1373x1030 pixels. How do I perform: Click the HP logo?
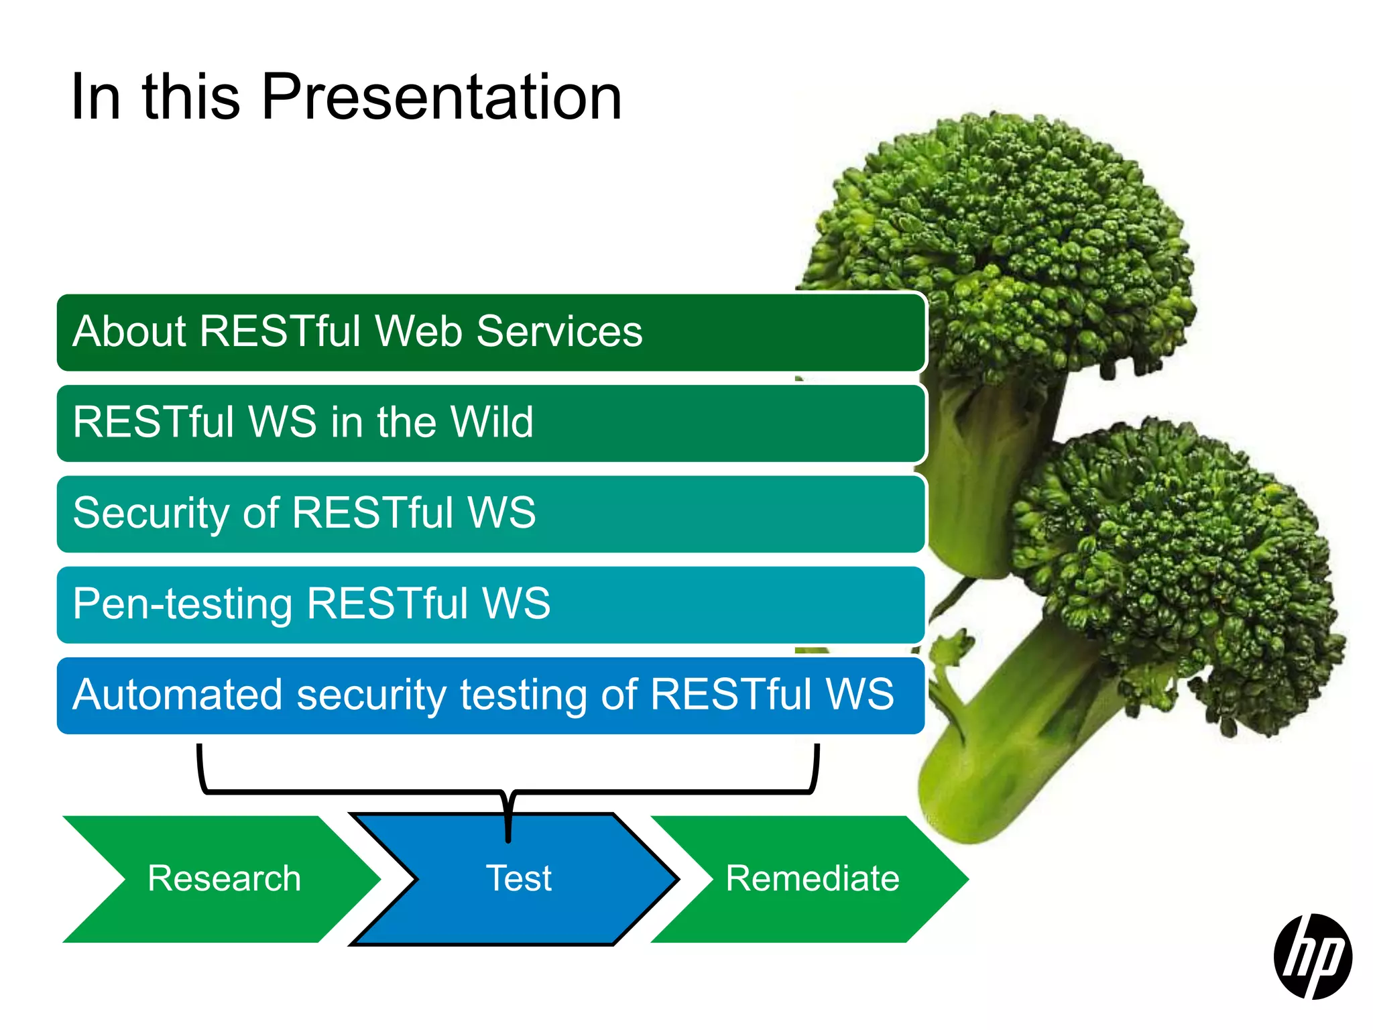[x=1312, y=956]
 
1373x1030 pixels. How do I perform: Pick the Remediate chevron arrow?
[x=812, y=878]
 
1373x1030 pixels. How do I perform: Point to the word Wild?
[x=491, y=422]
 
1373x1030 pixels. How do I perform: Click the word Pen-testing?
[x=182, y=604]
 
